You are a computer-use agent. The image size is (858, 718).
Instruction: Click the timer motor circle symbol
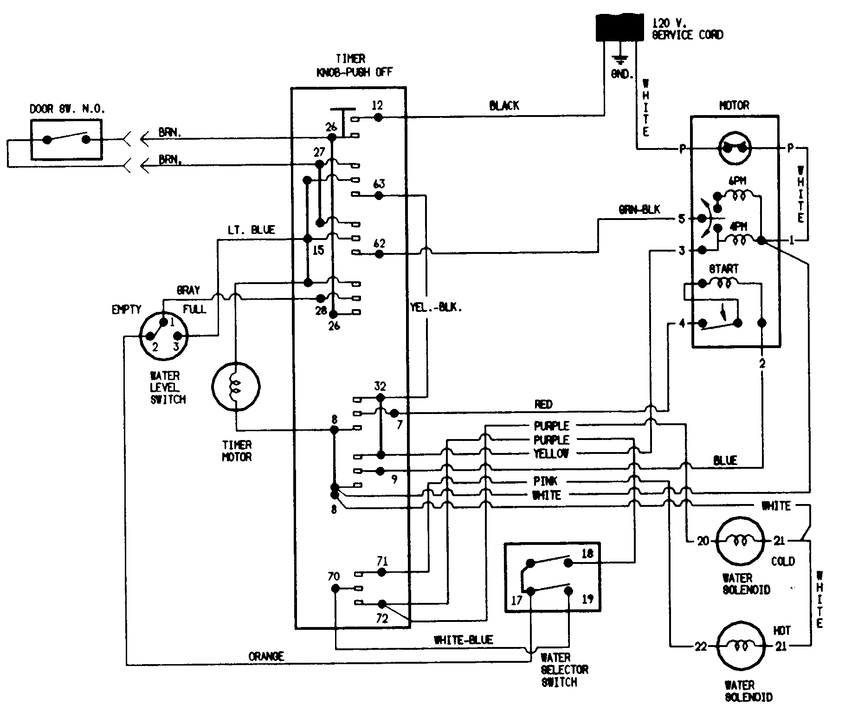(x=236, y=386)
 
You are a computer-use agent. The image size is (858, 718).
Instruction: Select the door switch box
(x=66, y=140)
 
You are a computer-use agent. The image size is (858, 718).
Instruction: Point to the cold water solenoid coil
(x=740, y=540)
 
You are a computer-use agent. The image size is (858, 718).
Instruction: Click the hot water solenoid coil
(x=740, y=646)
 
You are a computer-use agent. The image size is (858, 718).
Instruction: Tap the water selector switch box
(x=552, y=577)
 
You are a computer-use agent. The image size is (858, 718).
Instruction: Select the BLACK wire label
(x=503, y=106)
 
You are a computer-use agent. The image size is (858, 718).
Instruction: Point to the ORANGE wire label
(x=266, y=656)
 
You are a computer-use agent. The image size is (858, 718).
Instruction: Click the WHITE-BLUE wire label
(x=463, y=640)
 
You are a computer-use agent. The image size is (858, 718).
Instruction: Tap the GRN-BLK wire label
(x=639, y=210)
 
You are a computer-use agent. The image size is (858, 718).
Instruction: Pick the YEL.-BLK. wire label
(x=436, y=307)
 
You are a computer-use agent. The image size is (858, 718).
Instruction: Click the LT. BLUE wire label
(x=251, y=230)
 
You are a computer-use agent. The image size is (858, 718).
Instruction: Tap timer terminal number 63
(x=379, y=184)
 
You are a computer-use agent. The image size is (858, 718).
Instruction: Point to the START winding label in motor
(x=723, y=269)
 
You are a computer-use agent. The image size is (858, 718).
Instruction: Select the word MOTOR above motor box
(x=734, y=106)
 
